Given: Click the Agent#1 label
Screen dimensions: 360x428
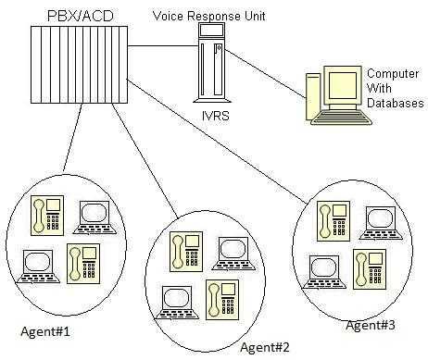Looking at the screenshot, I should tap(45, 330).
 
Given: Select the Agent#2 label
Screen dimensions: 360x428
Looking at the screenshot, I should tap(265, 347).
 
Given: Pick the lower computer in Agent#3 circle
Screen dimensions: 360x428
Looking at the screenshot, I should tap(323, 269).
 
